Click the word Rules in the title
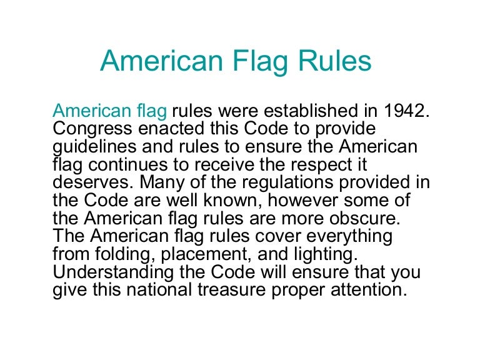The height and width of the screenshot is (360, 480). (x=334, y=62)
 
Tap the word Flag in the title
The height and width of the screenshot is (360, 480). (x=262, y=62)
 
